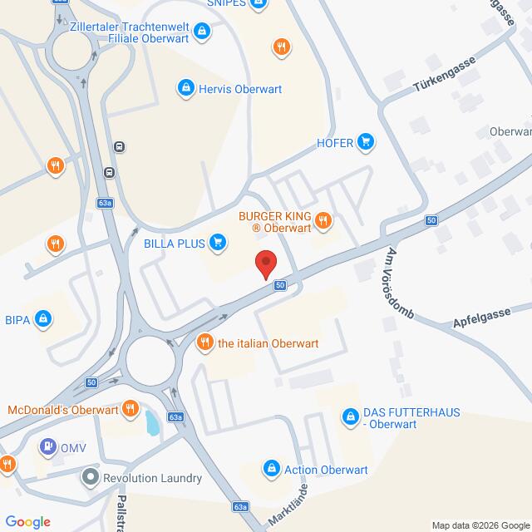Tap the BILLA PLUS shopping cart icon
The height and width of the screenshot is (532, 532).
[x=218, y=241]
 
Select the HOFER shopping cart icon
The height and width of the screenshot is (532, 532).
[x=365, y=141]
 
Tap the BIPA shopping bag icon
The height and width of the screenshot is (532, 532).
[x=44, y=317]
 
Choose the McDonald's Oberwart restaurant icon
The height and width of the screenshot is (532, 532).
[x=130, y=408]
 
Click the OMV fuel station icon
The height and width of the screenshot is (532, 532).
[x=48, y=446]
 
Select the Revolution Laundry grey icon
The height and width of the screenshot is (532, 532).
[x=90, y=478]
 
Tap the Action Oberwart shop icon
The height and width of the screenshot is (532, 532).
[x=271, y=470]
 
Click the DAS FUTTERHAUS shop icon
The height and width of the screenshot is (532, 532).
[x=350, y=413]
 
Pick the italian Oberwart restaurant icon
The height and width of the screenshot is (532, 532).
[x=204, y=341]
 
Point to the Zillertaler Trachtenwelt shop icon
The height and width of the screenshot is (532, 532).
[x=200, y=32]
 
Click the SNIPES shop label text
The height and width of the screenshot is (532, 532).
[x=224, y=3]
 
